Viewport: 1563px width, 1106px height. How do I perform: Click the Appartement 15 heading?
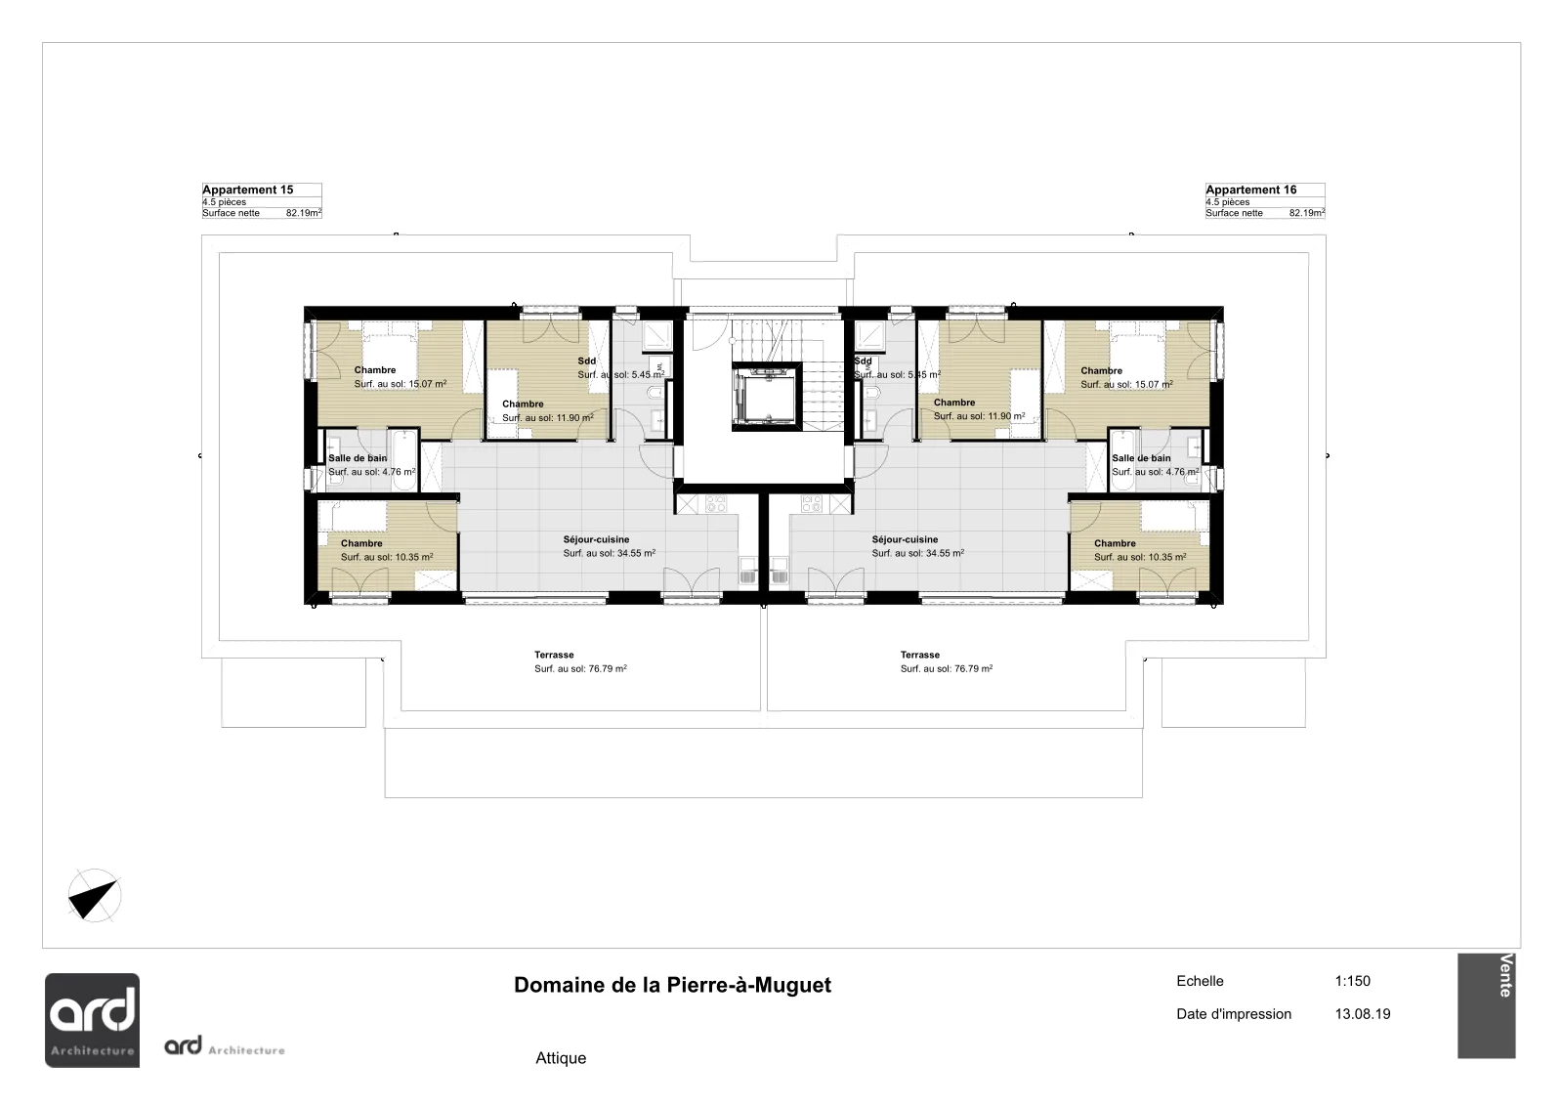click(248, 190)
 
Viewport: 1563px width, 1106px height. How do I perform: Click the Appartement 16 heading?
click(1251, 190)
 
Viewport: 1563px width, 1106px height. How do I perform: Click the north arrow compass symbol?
click(94, 895)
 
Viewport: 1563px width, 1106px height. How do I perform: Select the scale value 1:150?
click(1352, 981)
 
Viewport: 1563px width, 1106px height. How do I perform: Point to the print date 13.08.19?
click(1363, 1014)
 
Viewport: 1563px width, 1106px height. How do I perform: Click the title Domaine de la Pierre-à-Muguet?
click(673, 985)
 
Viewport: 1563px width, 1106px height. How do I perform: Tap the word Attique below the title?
click(561, 1058)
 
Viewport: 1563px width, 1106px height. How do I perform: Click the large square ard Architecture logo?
click(92, 1020)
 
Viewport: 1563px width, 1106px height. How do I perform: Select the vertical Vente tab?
click(1486, 1006)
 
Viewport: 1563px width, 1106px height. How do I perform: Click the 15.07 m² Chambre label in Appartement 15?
click(400, 377)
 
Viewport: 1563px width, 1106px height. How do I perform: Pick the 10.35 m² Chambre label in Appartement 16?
click(1140, 550)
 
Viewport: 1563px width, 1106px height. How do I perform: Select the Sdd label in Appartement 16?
click(864, 361)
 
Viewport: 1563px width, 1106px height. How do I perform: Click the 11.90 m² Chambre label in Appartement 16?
click(980, 409)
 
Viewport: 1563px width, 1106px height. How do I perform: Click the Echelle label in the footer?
click(1201, 981)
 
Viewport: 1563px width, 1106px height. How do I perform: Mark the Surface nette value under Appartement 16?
click(1307, 213)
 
